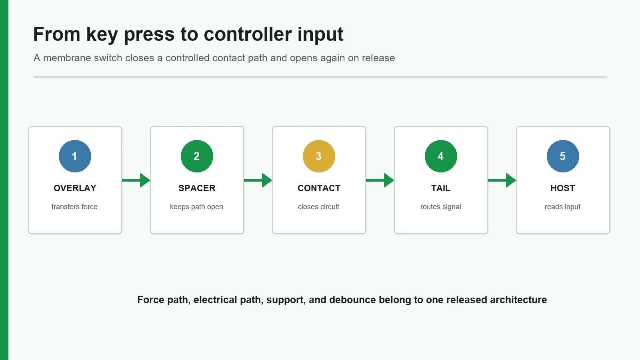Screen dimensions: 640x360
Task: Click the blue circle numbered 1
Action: click(x=75, y=156)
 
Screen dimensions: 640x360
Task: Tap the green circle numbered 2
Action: click(x=197, y=156)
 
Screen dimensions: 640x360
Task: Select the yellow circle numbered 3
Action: click(x=319, y=156)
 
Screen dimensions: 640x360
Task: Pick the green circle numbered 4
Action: click(x=441, y=156)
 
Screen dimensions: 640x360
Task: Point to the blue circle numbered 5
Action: click(x=563, y=156)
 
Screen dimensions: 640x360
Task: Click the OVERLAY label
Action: click(x=75, y=188)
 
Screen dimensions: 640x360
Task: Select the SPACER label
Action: click(x=197, y=188)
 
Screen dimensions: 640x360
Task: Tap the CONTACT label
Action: click(x=319, y=188)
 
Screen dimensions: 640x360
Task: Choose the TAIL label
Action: click(x=441, y=188)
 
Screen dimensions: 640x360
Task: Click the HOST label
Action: click(x=562, y=188)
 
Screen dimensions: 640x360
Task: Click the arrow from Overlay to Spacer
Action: click(x=136, y=180)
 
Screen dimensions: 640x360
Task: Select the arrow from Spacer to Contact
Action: click(x=258, y=180)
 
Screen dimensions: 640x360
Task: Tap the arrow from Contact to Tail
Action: click(x=380, y=180)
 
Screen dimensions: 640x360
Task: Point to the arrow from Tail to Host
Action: click(x=502, y=180)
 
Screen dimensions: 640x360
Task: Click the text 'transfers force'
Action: click(x=74, y=206)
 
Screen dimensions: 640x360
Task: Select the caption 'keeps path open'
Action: click(x=196, y=207)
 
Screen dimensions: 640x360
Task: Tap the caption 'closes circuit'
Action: click(x=318, y=206)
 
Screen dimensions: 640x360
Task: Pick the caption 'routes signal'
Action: click(x=440, y=207)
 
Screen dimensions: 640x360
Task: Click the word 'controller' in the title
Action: click(x=248, y=34)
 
